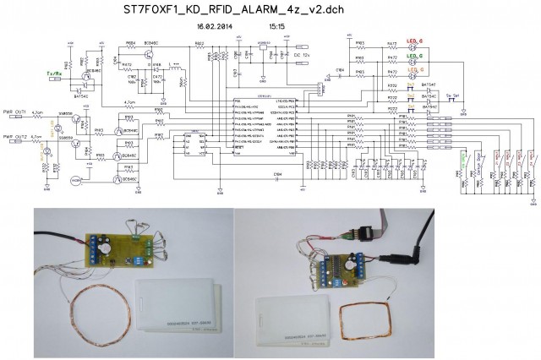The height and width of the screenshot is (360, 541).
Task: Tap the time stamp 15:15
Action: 277,26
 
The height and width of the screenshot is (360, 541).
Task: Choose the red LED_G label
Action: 415,41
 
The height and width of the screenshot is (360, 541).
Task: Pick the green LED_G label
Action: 415,56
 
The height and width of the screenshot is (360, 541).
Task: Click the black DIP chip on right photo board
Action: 340,268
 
